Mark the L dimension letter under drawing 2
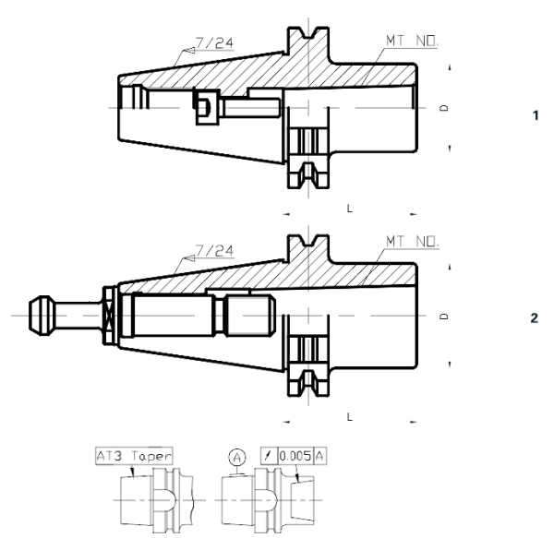click(x=349, y=417)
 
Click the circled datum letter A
click(x=235, y=456)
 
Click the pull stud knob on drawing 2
click(x=42, y=315)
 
